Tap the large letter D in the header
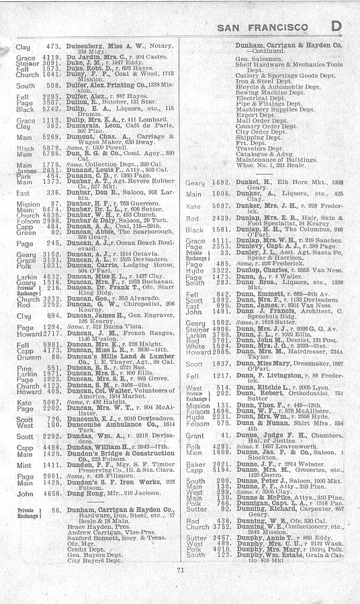(338, 26)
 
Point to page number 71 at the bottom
(181, 589)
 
